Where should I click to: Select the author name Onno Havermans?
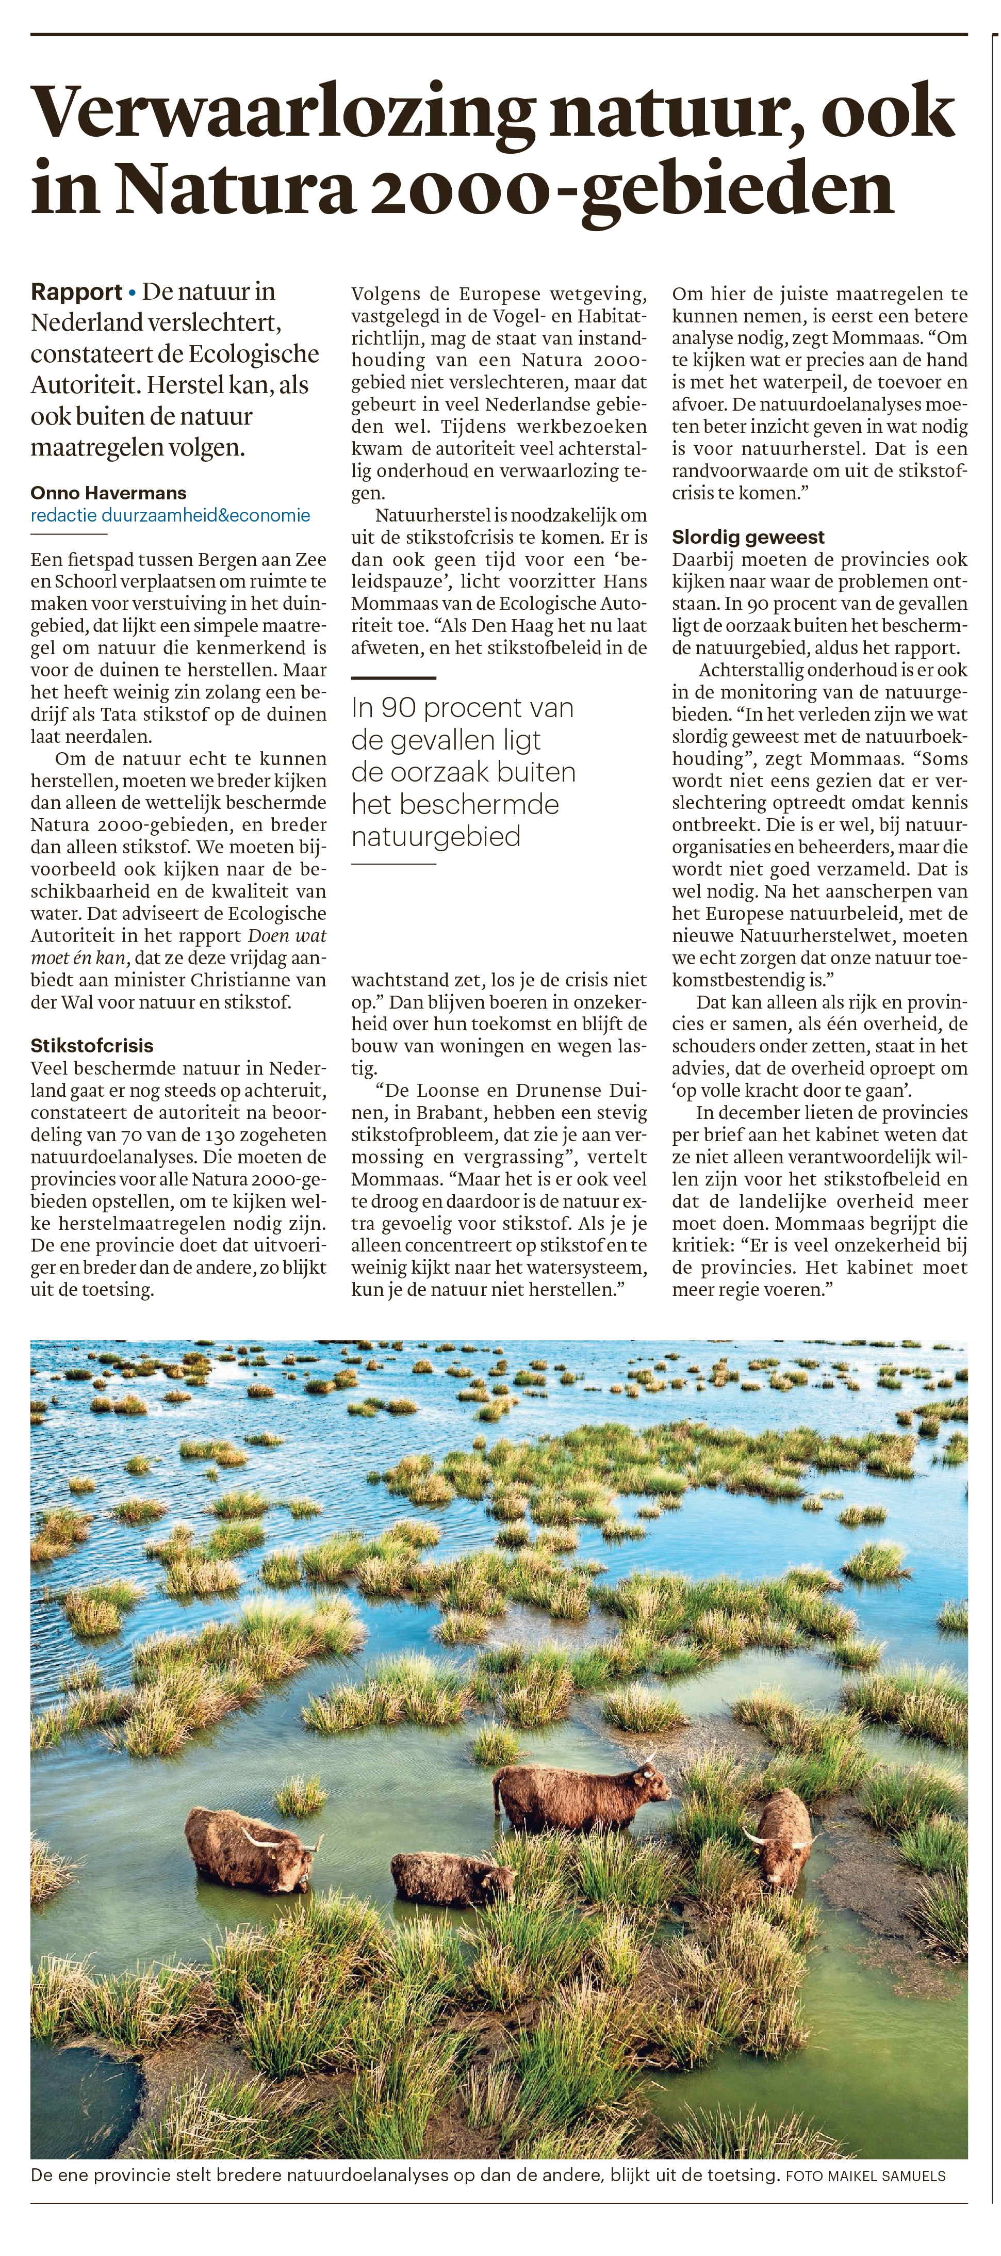click(109, 493)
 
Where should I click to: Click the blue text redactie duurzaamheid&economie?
click(170, 515)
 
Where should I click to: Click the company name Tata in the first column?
click(136, 715)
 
